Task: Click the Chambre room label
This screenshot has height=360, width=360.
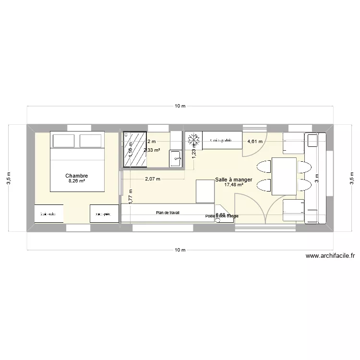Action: click(x=77, y=176)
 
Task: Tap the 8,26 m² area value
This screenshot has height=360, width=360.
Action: click(x=77, y=181)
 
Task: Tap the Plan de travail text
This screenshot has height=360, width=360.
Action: click(x=168, y=212)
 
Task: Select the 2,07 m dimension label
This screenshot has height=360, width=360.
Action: click(x=153, y=179)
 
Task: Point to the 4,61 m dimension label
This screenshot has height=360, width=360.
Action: click(x=255, y=142)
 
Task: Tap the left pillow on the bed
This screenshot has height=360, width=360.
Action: click(x=63, y=141)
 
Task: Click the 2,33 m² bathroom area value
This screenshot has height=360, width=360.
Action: click(x=152, y=150)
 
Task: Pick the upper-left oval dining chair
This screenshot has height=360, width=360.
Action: click(x=264, y=167)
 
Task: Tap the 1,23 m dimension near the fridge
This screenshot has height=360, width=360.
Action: click(x=194, y=152)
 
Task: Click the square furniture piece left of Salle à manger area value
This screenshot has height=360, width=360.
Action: click(x=205, y=191)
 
